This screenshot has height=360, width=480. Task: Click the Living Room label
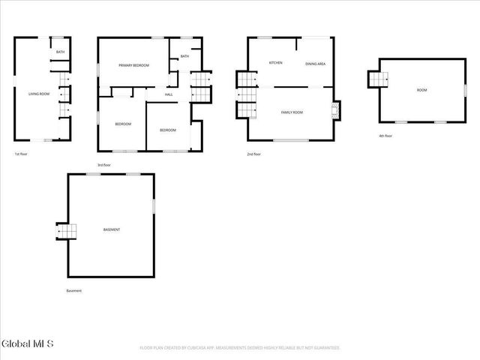(38, 94)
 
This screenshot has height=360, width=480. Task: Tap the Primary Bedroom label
(133, 66)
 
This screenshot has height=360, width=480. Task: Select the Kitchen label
(275, 63)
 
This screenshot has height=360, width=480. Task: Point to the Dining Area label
(315, 64)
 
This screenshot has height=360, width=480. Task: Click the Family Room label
(292, 112)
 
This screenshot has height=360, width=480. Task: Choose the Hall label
(169, 94)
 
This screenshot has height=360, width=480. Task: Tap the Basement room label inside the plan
(112, 229)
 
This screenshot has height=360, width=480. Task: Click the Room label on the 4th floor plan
(422, 90)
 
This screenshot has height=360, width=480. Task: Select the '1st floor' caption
(21, 154)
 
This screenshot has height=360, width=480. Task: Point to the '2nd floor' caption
(253, 154)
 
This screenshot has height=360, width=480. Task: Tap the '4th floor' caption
(385, 136)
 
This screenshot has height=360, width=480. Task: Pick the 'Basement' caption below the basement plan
(74, 291)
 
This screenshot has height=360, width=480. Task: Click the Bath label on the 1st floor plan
(60, 52)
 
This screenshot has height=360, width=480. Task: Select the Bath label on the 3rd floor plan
(184, 56)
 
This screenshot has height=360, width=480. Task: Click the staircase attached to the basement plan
(67, 232)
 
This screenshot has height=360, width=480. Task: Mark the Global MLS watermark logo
(28, 344)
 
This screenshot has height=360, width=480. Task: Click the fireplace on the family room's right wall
(335, 111)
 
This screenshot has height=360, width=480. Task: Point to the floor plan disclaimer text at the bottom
(240, 348)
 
